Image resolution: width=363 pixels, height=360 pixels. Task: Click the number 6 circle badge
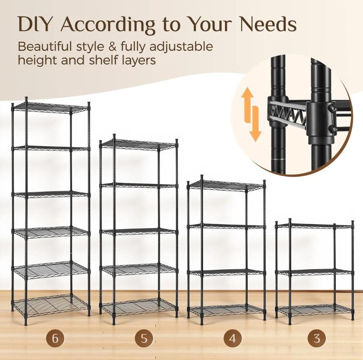tap(55, 338)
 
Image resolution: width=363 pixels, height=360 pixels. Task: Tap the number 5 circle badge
tap(144, 338)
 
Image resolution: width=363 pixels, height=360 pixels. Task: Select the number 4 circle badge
tap(233, 338)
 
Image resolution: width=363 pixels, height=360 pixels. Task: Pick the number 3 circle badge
tap(317, 338)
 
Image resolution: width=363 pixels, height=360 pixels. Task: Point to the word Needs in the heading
tap(268, 24)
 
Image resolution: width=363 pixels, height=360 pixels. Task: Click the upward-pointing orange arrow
tap(247, 105)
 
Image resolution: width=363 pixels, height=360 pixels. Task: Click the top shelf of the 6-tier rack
tap(51, 108)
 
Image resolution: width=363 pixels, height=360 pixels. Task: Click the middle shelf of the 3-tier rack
tap(315, 272)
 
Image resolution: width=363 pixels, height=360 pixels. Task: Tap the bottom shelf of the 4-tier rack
tap(227, 310)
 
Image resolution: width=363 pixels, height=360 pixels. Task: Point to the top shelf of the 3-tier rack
tap(315, 226)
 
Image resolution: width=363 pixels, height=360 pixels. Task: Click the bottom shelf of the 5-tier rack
tap(138, 306)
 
